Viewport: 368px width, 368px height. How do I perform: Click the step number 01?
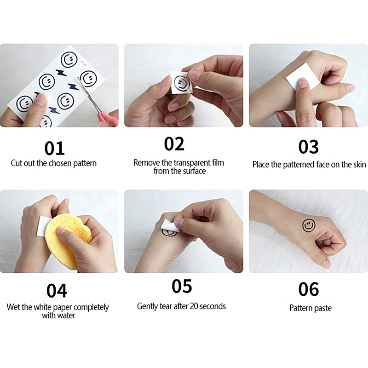(54, 148)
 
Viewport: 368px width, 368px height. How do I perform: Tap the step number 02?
(174, 144)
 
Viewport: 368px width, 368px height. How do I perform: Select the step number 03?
(308, 147)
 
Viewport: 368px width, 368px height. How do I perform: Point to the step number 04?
(57, 291)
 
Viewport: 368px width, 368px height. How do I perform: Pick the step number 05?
(182, 286)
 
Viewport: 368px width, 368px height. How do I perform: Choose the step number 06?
(309, 289)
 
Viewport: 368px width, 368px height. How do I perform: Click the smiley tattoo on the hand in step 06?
(309, 225)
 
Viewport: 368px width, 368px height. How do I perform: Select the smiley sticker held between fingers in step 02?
(182, 83)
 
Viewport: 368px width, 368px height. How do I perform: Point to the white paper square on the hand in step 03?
(302, 76)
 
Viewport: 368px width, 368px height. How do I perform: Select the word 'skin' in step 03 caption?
(359, 164)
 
